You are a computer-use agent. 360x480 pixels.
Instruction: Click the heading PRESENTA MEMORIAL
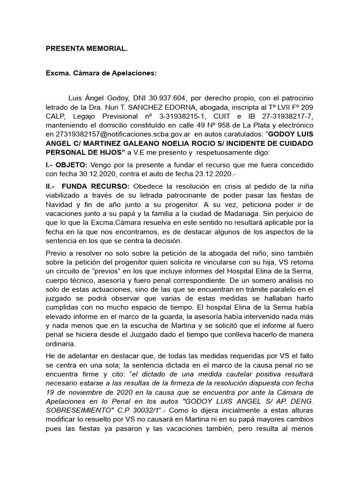(x=86, y=48)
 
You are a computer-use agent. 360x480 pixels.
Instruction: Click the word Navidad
(x=59, y=205)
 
